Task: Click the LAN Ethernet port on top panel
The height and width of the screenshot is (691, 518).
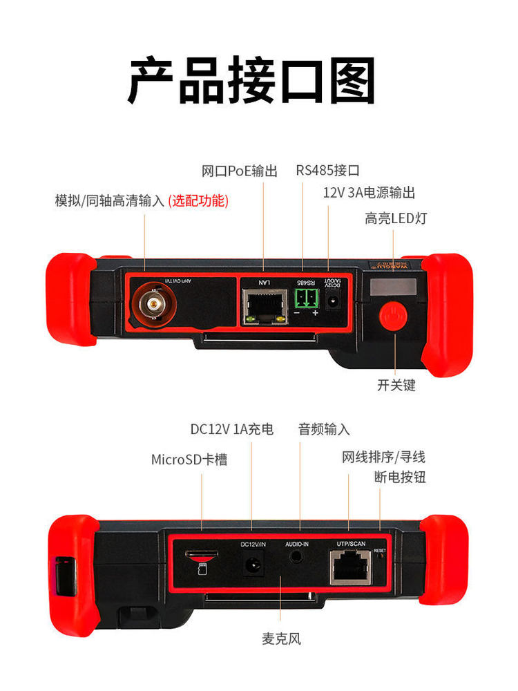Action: [x=264, y=304]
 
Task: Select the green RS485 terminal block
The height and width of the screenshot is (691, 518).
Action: [x=305, y=299]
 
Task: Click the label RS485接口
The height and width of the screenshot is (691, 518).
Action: [x=328, y=171]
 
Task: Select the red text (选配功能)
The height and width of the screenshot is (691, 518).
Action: [x=198, y=201]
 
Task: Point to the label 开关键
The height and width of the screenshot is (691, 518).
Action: [x=396, y=386]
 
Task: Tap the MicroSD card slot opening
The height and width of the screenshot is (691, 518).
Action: [x=201, y=554]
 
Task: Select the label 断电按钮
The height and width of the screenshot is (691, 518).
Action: [x=400, y=477]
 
